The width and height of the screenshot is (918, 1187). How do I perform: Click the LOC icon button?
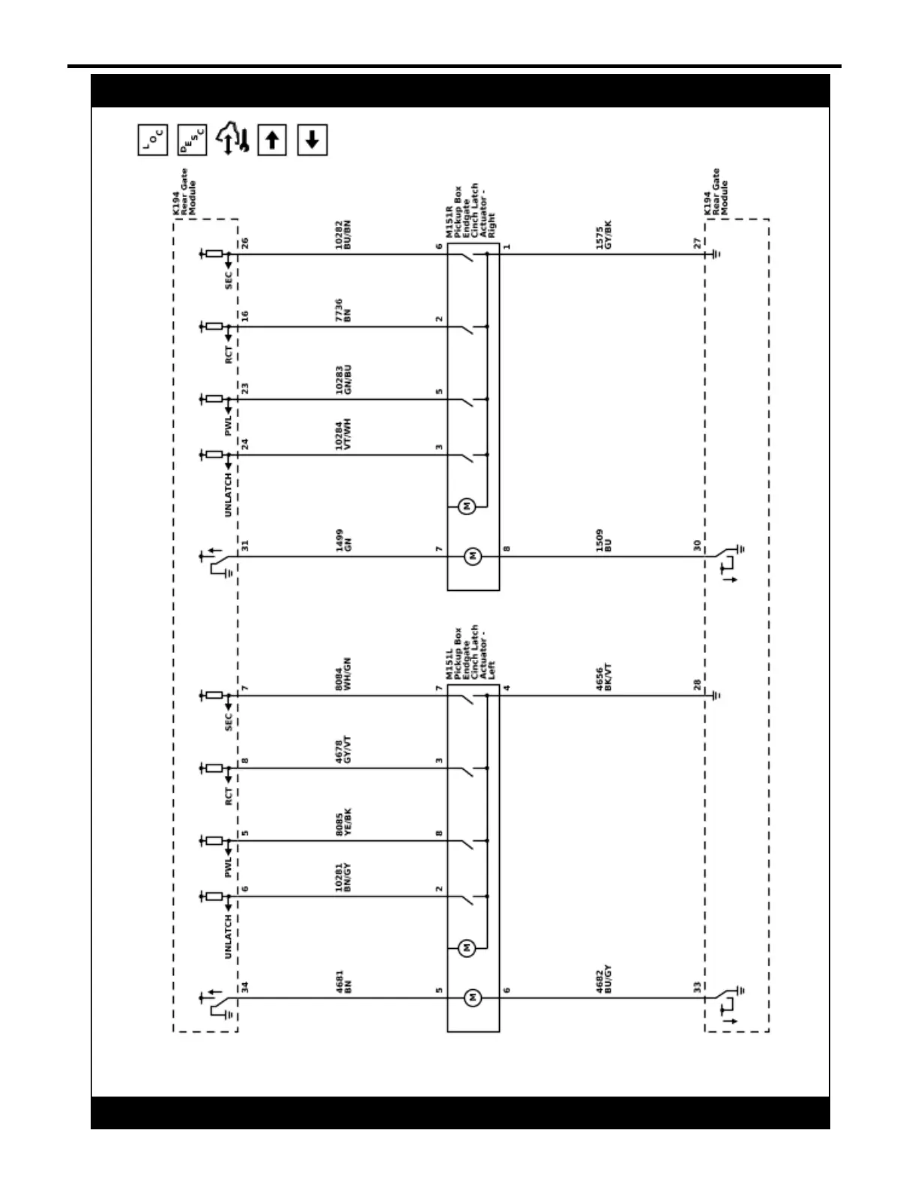(x=153, y=140)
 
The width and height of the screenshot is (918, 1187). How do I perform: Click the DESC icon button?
(x=192, y=140)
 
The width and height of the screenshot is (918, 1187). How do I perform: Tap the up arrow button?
(x=272, y=140)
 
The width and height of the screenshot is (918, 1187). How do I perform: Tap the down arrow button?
(x=312, y=140)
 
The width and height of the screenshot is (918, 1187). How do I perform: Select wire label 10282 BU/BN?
(x=343, y=234)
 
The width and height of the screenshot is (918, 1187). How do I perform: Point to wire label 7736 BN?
(x=343, y=311)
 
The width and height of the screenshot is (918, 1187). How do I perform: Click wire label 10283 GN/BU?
(x=343, y=380)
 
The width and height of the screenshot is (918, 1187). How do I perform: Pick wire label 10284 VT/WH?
(x=343, y=435)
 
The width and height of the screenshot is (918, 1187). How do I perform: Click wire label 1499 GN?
(x=343, y=540)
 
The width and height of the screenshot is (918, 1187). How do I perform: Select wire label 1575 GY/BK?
(x=604, y=234)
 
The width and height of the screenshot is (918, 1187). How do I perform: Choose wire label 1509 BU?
(x=604, y=541)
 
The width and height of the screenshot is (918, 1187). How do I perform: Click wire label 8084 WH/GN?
(x=343, y=674)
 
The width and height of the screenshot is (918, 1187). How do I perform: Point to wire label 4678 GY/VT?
(x=343, y=750)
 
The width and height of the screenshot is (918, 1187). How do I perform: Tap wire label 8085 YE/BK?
(x=343, y=822)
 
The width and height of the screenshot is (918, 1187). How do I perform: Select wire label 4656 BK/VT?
(x=604, y=677)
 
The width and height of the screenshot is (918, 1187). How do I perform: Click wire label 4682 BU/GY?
(x=604, y=980)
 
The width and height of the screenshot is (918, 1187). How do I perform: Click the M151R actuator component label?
(x=471, y=212)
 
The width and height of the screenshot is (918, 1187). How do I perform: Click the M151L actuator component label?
(x=471, y=654)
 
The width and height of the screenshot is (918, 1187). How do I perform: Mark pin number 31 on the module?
(x=245, y=546)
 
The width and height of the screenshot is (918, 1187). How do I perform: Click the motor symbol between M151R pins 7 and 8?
(x=473, y=556)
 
